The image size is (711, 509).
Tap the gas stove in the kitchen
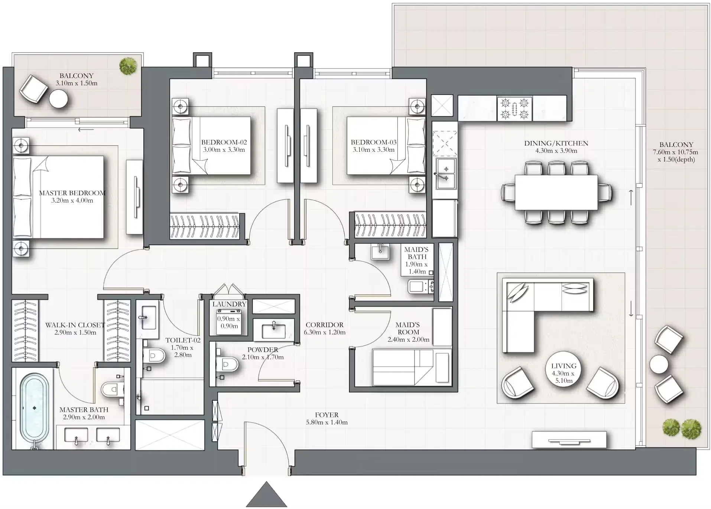pos(514,108)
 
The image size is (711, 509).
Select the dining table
pos(556,192)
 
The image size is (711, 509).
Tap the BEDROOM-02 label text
pos(224,142)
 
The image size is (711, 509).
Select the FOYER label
pos(327,415)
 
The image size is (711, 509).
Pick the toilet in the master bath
pos(112,389)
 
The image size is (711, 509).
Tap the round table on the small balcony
pos(59,99)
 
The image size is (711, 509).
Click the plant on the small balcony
pos(128,66)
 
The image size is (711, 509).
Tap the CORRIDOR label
pos(324,325)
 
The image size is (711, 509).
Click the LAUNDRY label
pos(229,304)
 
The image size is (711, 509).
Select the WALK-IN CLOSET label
pos(75,325)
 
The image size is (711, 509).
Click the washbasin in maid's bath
pos(380,252)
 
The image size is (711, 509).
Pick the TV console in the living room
pos(569,440)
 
